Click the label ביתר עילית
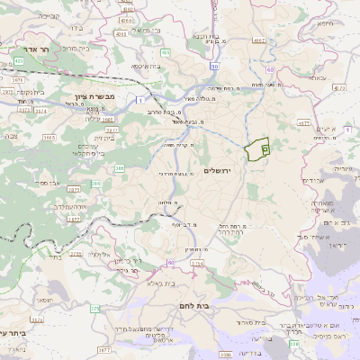coord(16,332)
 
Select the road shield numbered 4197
coord(260,40)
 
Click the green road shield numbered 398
coord(294,343)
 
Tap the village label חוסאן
coord(43,300)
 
